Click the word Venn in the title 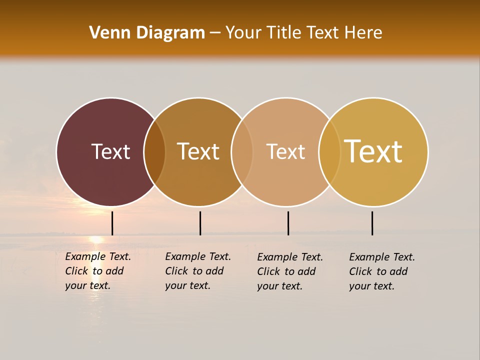click(x=106, y=33)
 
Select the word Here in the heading click(x=363, y=33)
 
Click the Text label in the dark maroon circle click(x=110, y=151)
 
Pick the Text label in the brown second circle click(x=198, y=151)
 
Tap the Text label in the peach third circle click(x=285, y=151)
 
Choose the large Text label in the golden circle click(x=373, y=151)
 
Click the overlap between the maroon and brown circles click(x=154, y=152)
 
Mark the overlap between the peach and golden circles click(x=329, y=152)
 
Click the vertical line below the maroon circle click(x=112, y=223)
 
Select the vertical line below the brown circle click(x=200, y=223)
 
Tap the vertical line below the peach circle click(x=288, y=223)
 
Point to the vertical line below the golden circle click(x=372, y=223)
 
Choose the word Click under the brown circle click(x=176, y=271)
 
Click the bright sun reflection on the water click(x=96, y=239)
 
